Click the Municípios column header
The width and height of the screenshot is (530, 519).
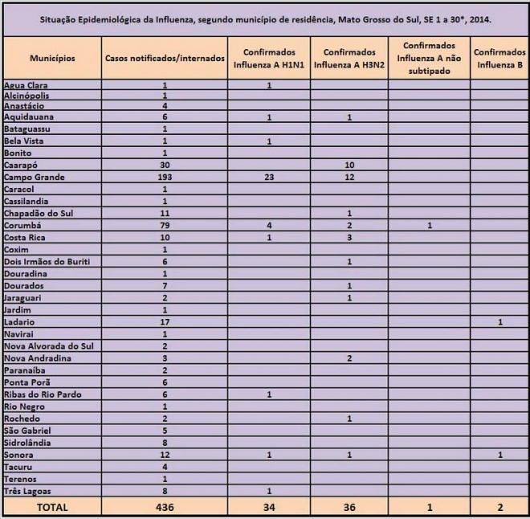pos(52,59)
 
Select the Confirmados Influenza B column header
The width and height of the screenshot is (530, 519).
pos(499,59)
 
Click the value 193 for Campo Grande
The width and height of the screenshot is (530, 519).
pos(164,177)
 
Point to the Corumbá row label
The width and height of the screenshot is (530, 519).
pos(24,225)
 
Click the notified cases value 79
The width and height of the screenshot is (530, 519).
pos(164,225)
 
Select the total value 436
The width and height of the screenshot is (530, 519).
pos(164,506)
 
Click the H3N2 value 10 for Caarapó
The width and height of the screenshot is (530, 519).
pos(350,165)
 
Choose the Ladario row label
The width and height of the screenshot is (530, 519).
pos(21,321)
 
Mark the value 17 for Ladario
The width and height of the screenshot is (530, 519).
pos(164,321)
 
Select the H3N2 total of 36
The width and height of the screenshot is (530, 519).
pos(350,506)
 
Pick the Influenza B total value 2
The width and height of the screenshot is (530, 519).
pos(499,506)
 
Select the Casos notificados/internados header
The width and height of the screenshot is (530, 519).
pos(165,59)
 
